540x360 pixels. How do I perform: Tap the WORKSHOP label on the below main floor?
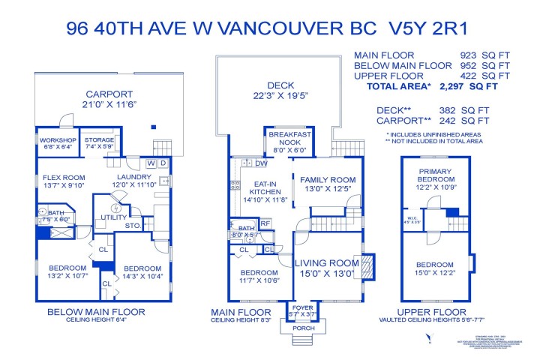[x=57, y=140]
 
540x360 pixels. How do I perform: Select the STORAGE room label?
[x=98, y=139]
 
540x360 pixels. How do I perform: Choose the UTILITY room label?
[x=114, y=217]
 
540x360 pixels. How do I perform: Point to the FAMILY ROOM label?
[x=328, y=180]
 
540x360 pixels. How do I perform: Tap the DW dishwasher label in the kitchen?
[x=261, y=163]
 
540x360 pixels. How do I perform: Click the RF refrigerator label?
[x=265, y=223]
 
